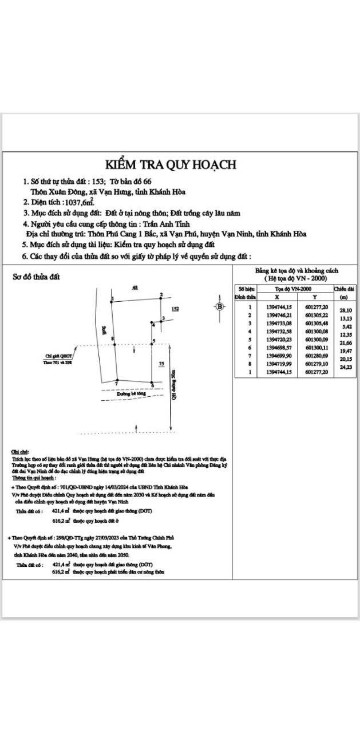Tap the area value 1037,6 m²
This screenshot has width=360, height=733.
80,202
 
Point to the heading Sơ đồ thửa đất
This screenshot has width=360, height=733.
37,277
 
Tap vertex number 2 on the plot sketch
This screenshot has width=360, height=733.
161,295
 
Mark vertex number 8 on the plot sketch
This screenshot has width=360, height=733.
113,339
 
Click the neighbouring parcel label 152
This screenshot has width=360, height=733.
176,309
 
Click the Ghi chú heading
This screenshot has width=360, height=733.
20,451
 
